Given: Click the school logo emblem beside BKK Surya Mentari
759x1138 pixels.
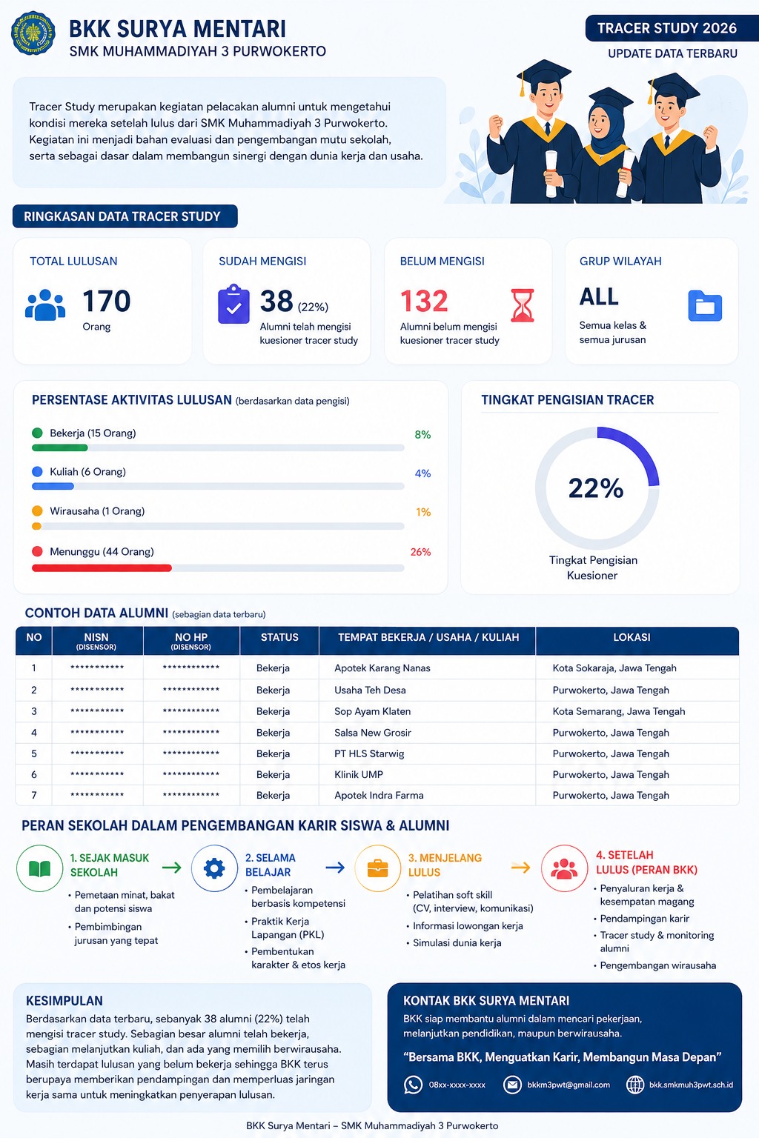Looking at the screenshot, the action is coord(33,33).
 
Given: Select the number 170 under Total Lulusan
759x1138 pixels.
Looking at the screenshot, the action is coord(107,301).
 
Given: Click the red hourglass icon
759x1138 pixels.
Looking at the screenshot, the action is coord(522,305).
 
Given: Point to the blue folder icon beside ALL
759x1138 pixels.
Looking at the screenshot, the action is coord(705,306).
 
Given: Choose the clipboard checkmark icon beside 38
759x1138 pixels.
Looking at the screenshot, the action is coord(233,305).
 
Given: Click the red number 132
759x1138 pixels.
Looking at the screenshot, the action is coord(424,301).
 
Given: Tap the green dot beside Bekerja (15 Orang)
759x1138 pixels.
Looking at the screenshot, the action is coord(37,433).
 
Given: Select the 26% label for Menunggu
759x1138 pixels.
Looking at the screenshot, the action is coord(420,552).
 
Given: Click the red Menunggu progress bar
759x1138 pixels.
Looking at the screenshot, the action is coord(102,568).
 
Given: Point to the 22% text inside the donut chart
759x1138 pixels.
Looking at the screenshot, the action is coord(596,488).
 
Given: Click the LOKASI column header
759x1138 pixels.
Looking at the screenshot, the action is coord(632,637).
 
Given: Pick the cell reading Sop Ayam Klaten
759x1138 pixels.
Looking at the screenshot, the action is coord(372,711).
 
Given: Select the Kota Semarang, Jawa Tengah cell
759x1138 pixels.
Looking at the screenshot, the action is coord(619,711).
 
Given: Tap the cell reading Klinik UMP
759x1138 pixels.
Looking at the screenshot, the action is coord(359,774).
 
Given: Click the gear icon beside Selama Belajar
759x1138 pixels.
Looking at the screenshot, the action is coord(214,868).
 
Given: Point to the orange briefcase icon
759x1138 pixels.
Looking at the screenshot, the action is coord(377,868).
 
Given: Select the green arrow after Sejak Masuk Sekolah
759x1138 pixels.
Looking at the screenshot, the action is coord(172,868).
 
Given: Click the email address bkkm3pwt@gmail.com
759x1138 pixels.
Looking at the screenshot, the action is coord(569,1085).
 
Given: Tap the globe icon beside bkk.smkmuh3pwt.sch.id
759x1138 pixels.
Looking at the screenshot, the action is coord(635,1085).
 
